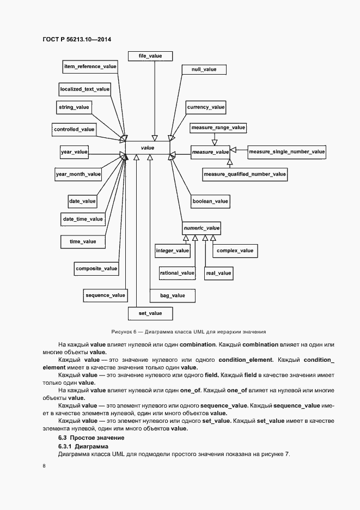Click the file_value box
pos(151,56)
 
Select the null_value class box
pos(204,70)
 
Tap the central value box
pos(148,148)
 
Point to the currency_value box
pos(205,107)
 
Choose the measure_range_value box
pos(218,127)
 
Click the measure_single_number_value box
pos(286,151)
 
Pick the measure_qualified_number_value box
pos(245,174)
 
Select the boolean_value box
pos(210,202)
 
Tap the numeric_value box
pos(202,228)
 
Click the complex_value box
pos(235,251)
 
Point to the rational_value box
pos(177,272)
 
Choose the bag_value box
pos(172,295)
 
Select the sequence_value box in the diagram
pos(105,295)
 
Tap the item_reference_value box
pos(90,66)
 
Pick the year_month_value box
pos(78,174)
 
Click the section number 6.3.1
pos(68,446)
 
